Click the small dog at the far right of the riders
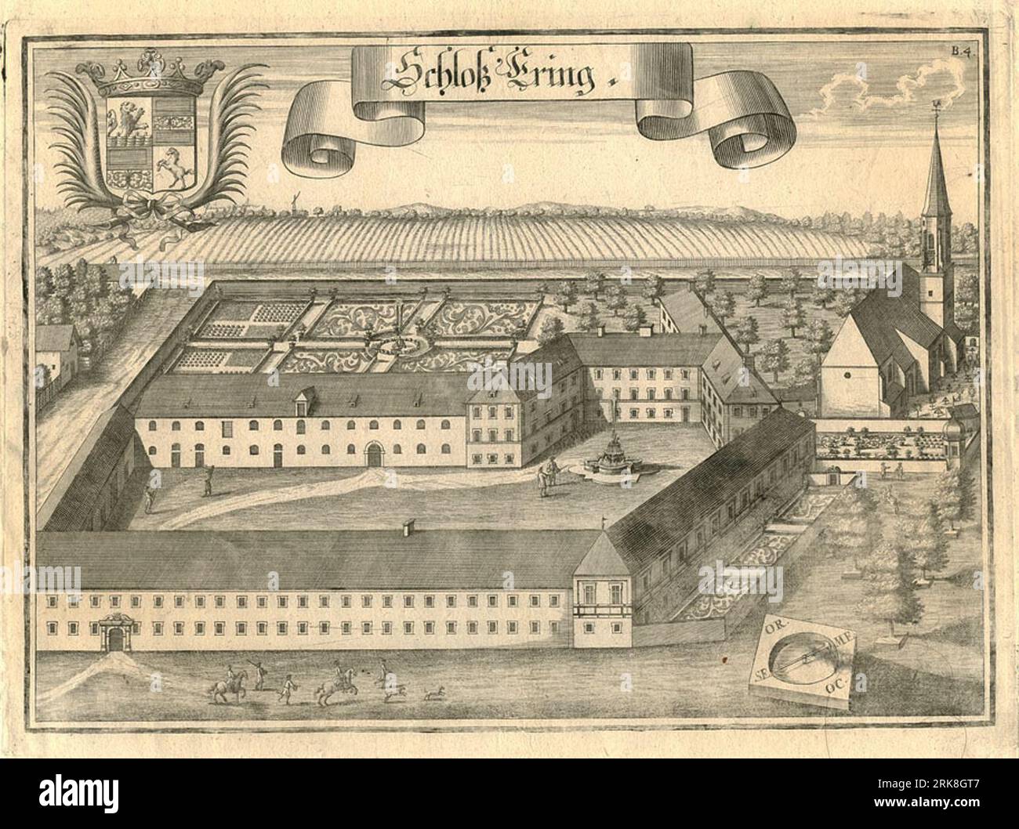pos(432,693)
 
